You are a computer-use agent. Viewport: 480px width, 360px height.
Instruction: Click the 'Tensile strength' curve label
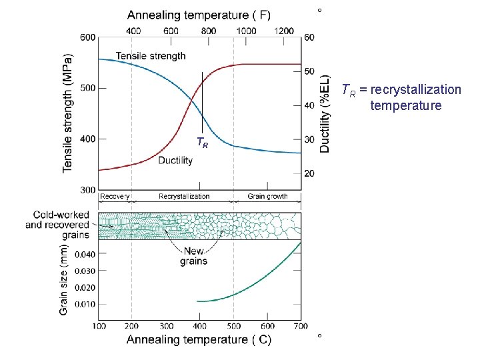[151, 56]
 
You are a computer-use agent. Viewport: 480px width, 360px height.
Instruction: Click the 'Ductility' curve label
[175, 161]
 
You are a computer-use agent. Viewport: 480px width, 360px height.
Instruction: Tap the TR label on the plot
[202, 142]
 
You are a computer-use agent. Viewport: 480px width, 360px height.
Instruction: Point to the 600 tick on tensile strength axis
[88, 37]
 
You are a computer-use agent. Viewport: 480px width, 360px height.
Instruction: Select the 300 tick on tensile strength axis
[88, 190]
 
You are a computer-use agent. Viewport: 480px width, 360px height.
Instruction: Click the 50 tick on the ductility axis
[309, 71]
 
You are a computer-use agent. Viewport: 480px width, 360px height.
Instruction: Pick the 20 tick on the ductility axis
[309, 173]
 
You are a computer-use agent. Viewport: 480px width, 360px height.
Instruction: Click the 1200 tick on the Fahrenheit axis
[284, 31]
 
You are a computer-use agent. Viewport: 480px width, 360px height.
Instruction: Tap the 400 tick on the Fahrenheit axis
[133, 31]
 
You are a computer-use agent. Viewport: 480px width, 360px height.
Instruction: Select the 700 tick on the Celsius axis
[300, 326]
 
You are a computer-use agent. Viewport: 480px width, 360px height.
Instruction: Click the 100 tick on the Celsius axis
[99, 326]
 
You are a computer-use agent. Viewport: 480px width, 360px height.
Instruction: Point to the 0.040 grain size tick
[85, 254]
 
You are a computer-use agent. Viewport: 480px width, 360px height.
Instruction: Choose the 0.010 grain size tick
[85, 304]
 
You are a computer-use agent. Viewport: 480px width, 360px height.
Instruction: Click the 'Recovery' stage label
[115, 197]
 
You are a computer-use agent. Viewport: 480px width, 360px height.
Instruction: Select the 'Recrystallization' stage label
[184, 197]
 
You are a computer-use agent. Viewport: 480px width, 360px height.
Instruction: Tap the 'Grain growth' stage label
[267, 197]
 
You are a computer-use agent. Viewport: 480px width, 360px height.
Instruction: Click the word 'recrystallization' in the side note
[415, 89]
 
